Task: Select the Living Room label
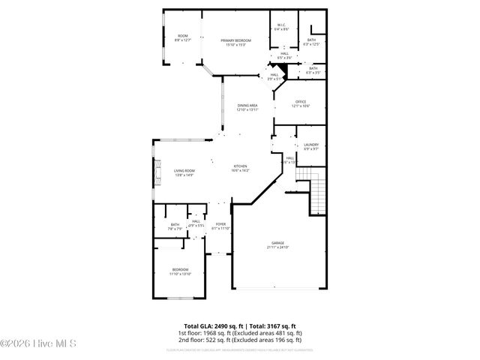(x=184, y=173)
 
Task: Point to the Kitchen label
(x=240, y=169)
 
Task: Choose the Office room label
(x=301, y=103)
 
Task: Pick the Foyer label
(x=220, y=226)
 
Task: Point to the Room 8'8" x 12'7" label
(x=182, y=37)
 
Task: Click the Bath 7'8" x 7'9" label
(x=175, y=226)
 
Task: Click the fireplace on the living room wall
(x=157, y=174)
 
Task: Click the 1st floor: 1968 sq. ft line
(x=240, y=332)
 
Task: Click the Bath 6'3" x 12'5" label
(x=310, y=41)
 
